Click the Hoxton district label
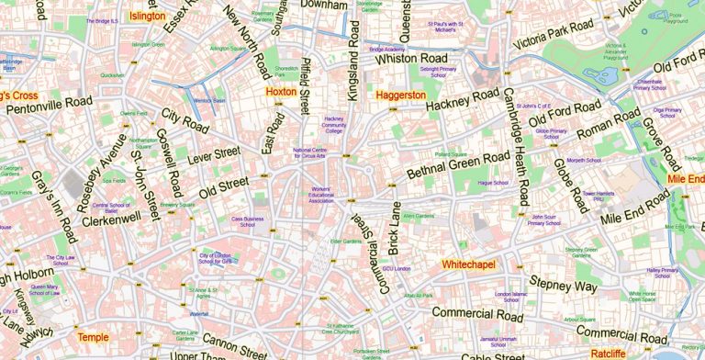coord(281,92)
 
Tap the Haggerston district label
coord(401,95)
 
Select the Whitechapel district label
coord(468,264)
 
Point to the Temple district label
coord(93,337)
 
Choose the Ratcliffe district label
coord(608,354)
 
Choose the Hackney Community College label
coord(333,125)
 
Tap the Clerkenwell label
coord(111,219)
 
